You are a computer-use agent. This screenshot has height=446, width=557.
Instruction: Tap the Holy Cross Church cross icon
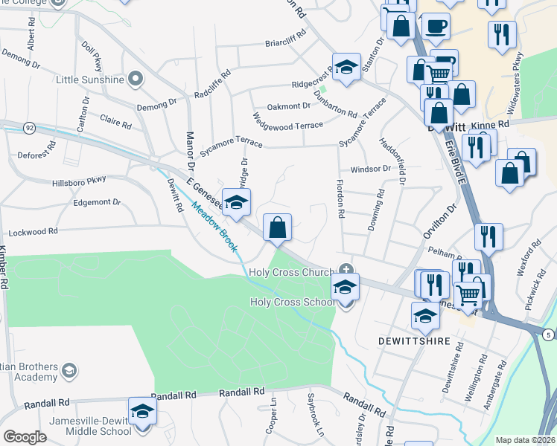click(345, 268)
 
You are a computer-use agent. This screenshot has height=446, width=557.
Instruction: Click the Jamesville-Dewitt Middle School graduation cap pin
click(142, 411)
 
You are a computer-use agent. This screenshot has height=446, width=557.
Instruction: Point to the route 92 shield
click(29, 128)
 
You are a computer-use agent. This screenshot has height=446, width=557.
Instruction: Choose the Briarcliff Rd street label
click(286, 43)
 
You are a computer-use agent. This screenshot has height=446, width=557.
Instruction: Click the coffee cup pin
click(436, 27)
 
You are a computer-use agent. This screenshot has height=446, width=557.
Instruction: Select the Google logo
click(25, 437)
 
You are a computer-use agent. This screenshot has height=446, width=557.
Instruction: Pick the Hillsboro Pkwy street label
click(79, 181)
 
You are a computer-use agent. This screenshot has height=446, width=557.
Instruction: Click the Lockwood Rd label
click(53, 232)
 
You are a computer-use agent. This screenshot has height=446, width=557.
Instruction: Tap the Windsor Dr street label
click(371, 169)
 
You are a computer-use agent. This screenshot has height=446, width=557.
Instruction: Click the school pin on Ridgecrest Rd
click(346, 67)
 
